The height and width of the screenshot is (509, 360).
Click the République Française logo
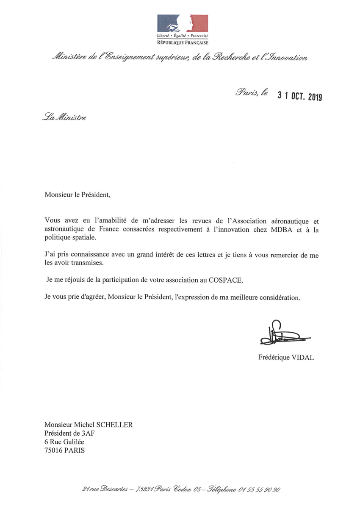coord(183,28)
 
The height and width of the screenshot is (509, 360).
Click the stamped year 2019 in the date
coord(315,97)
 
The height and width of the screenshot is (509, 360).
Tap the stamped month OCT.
coord(296,97)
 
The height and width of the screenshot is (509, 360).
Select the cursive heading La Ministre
coord(65,117)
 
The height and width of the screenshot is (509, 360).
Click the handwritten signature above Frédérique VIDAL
coord(283,334)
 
